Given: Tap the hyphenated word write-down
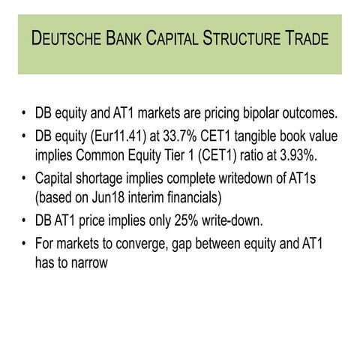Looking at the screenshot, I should pos(253,221).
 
